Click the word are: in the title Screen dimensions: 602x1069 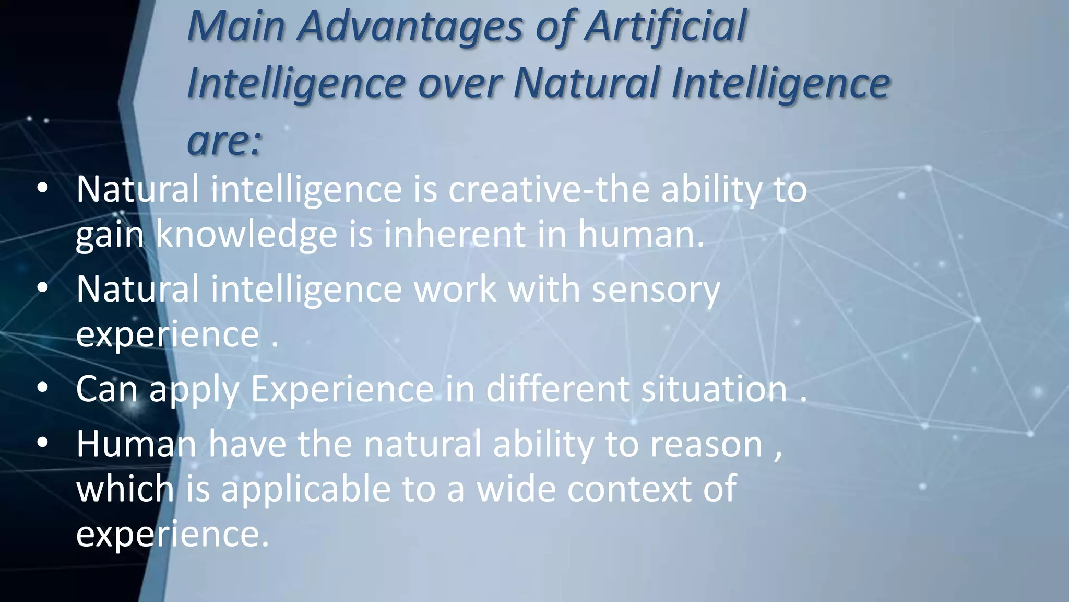(224, 141)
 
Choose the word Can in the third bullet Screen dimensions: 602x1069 (106, 389)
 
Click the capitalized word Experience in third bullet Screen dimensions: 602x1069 (342, 390)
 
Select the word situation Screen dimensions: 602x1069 (714, 389)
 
